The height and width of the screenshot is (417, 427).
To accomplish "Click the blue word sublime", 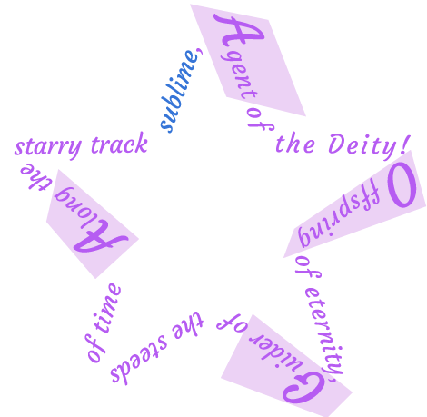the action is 180,91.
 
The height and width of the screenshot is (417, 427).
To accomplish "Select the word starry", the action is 48,148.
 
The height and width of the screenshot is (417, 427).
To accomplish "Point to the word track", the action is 119,144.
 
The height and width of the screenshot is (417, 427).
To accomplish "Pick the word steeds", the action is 139,360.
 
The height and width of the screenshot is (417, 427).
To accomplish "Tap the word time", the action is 107,308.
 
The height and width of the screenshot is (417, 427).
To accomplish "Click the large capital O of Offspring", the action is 402,185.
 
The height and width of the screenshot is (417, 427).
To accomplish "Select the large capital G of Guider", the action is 303,389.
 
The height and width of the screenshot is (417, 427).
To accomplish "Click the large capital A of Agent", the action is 239,33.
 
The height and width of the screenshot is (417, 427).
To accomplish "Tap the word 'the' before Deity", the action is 295,144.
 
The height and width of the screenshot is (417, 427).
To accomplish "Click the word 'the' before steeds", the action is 188,324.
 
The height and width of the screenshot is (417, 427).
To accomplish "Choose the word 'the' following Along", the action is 36,176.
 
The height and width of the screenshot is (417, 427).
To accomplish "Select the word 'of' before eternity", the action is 307,269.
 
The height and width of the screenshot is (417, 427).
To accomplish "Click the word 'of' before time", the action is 95,349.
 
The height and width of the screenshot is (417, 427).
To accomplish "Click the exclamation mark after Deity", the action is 406,144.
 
